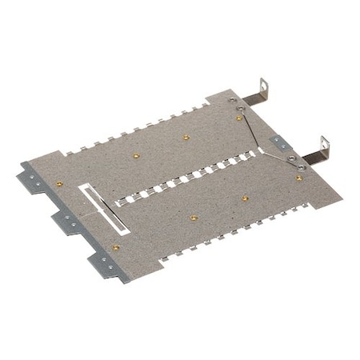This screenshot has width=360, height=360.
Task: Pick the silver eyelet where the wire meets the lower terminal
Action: point(302,167)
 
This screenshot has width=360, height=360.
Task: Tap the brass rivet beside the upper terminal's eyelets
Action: point(238,118)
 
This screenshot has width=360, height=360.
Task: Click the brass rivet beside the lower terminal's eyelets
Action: point(299,178)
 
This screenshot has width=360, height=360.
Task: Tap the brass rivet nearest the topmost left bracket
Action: point(59,183)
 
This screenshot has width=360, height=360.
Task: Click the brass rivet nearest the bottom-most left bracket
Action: point(117,247)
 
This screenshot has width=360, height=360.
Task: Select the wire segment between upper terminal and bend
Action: point(246,125)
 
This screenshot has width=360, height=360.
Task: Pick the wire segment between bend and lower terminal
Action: point(280,158)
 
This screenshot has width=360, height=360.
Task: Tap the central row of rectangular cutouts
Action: point(192,180)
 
